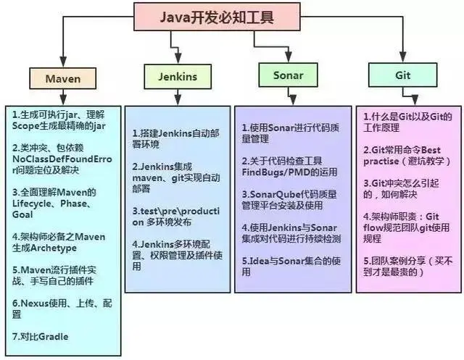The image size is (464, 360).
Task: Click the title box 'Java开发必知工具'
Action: [x=217, y=17]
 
